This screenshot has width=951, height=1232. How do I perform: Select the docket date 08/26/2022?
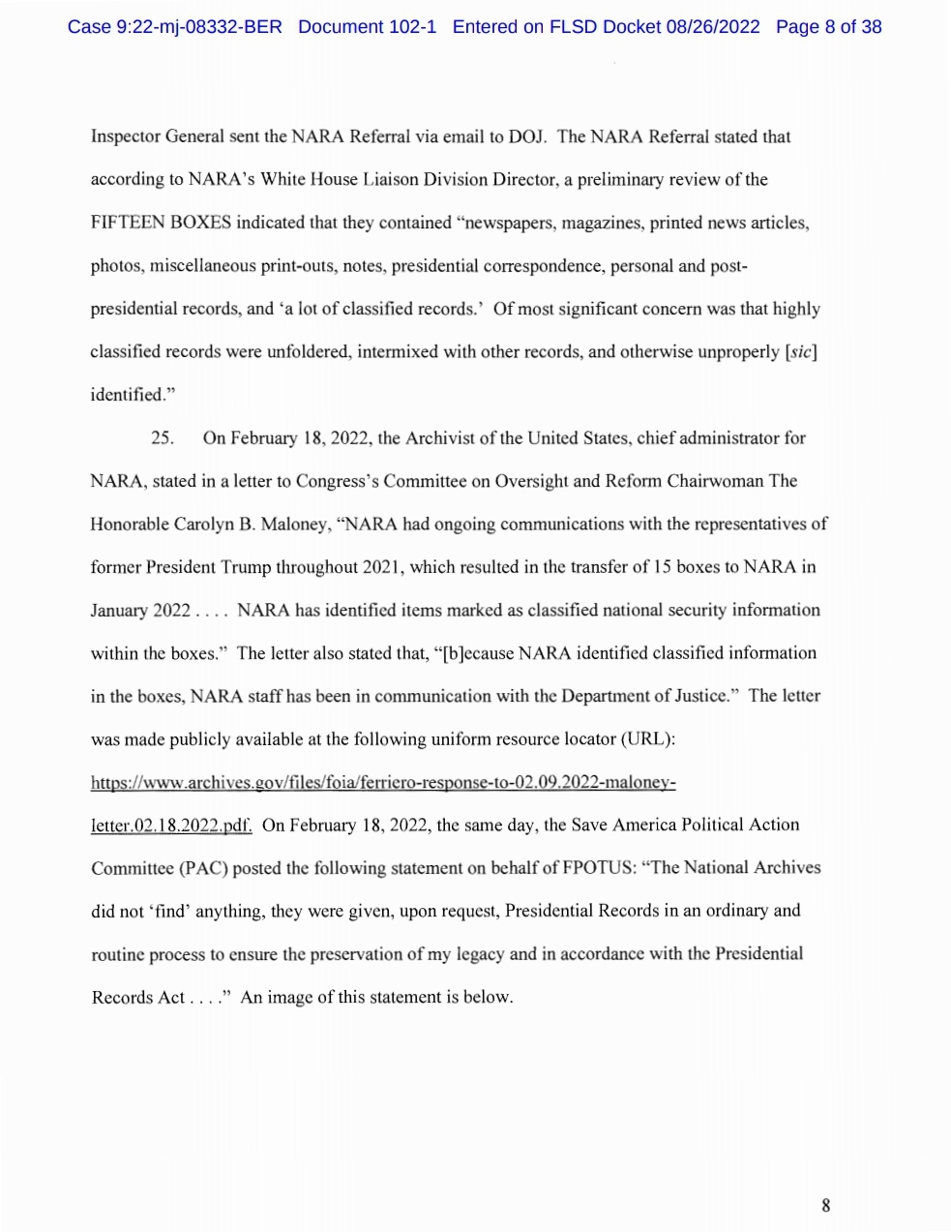click(x=712, y=27)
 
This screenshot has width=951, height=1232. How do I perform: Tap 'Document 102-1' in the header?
click(x=367, y=27)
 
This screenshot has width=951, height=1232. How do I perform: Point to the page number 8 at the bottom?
click(x=825, y=1205)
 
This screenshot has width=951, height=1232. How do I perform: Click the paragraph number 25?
click(x=163, y=438)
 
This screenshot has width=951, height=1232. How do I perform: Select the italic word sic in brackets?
click(x=801, y=352)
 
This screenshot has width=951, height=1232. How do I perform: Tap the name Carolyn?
click(x=202, y=525)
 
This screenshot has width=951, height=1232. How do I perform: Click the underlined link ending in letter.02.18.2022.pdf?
click(x=171, y=826)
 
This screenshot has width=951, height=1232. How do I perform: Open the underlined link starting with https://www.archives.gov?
click(x=382, y=782)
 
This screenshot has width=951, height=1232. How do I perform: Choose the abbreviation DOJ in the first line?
click(x=526, y=136)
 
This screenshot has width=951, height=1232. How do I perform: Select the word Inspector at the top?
click(x=125, y=136)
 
